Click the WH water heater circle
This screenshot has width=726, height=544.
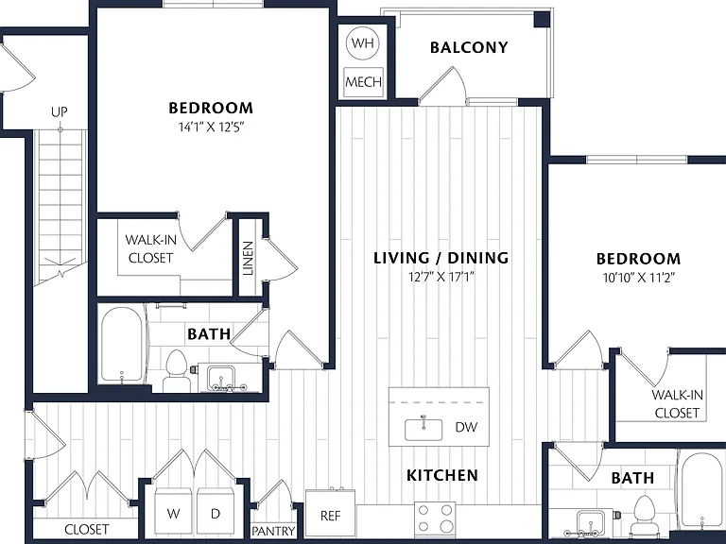[363, 43]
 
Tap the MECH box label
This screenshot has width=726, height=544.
[363, 82]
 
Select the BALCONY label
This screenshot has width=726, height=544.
[469, 47]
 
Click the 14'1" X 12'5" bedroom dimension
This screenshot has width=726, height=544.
[211, 127]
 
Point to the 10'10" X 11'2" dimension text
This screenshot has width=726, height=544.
[638, 278]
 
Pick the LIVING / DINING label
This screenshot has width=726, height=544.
[441, 258]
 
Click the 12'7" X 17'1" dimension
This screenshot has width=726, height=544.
[441, 277]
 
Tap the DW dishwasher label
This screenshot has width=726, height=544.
[466, 427]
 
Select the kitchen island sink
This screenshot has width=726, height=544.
[423, 429]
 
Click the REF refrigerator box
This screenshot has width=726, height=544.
[330, 514]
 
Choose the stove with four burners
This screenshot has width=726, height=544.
[434, 518]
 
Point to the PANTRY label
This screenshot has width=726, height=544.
[273, 531]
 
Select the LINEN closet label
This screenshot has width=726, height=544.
[249, 258]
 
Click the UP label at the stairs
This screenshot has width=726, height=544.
[60, 112]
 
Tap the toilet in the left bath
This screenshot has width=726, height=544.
[177, 371]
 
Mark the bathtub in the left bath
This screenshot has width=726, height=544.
[122, 345]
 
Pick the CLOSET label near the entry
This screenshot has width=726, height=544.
[87, 529]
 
